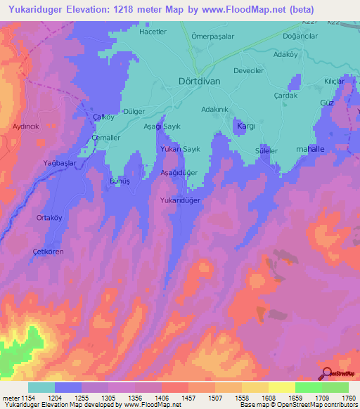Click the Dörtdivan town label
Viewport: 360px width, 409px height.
click(200, 80)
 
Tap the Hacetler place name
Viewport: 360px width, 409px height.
click(153, 32)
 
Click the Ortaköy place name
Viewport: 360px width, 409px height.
click(49, 218)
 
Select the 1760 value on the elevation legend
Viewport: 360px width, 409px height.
click(347, 398)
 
